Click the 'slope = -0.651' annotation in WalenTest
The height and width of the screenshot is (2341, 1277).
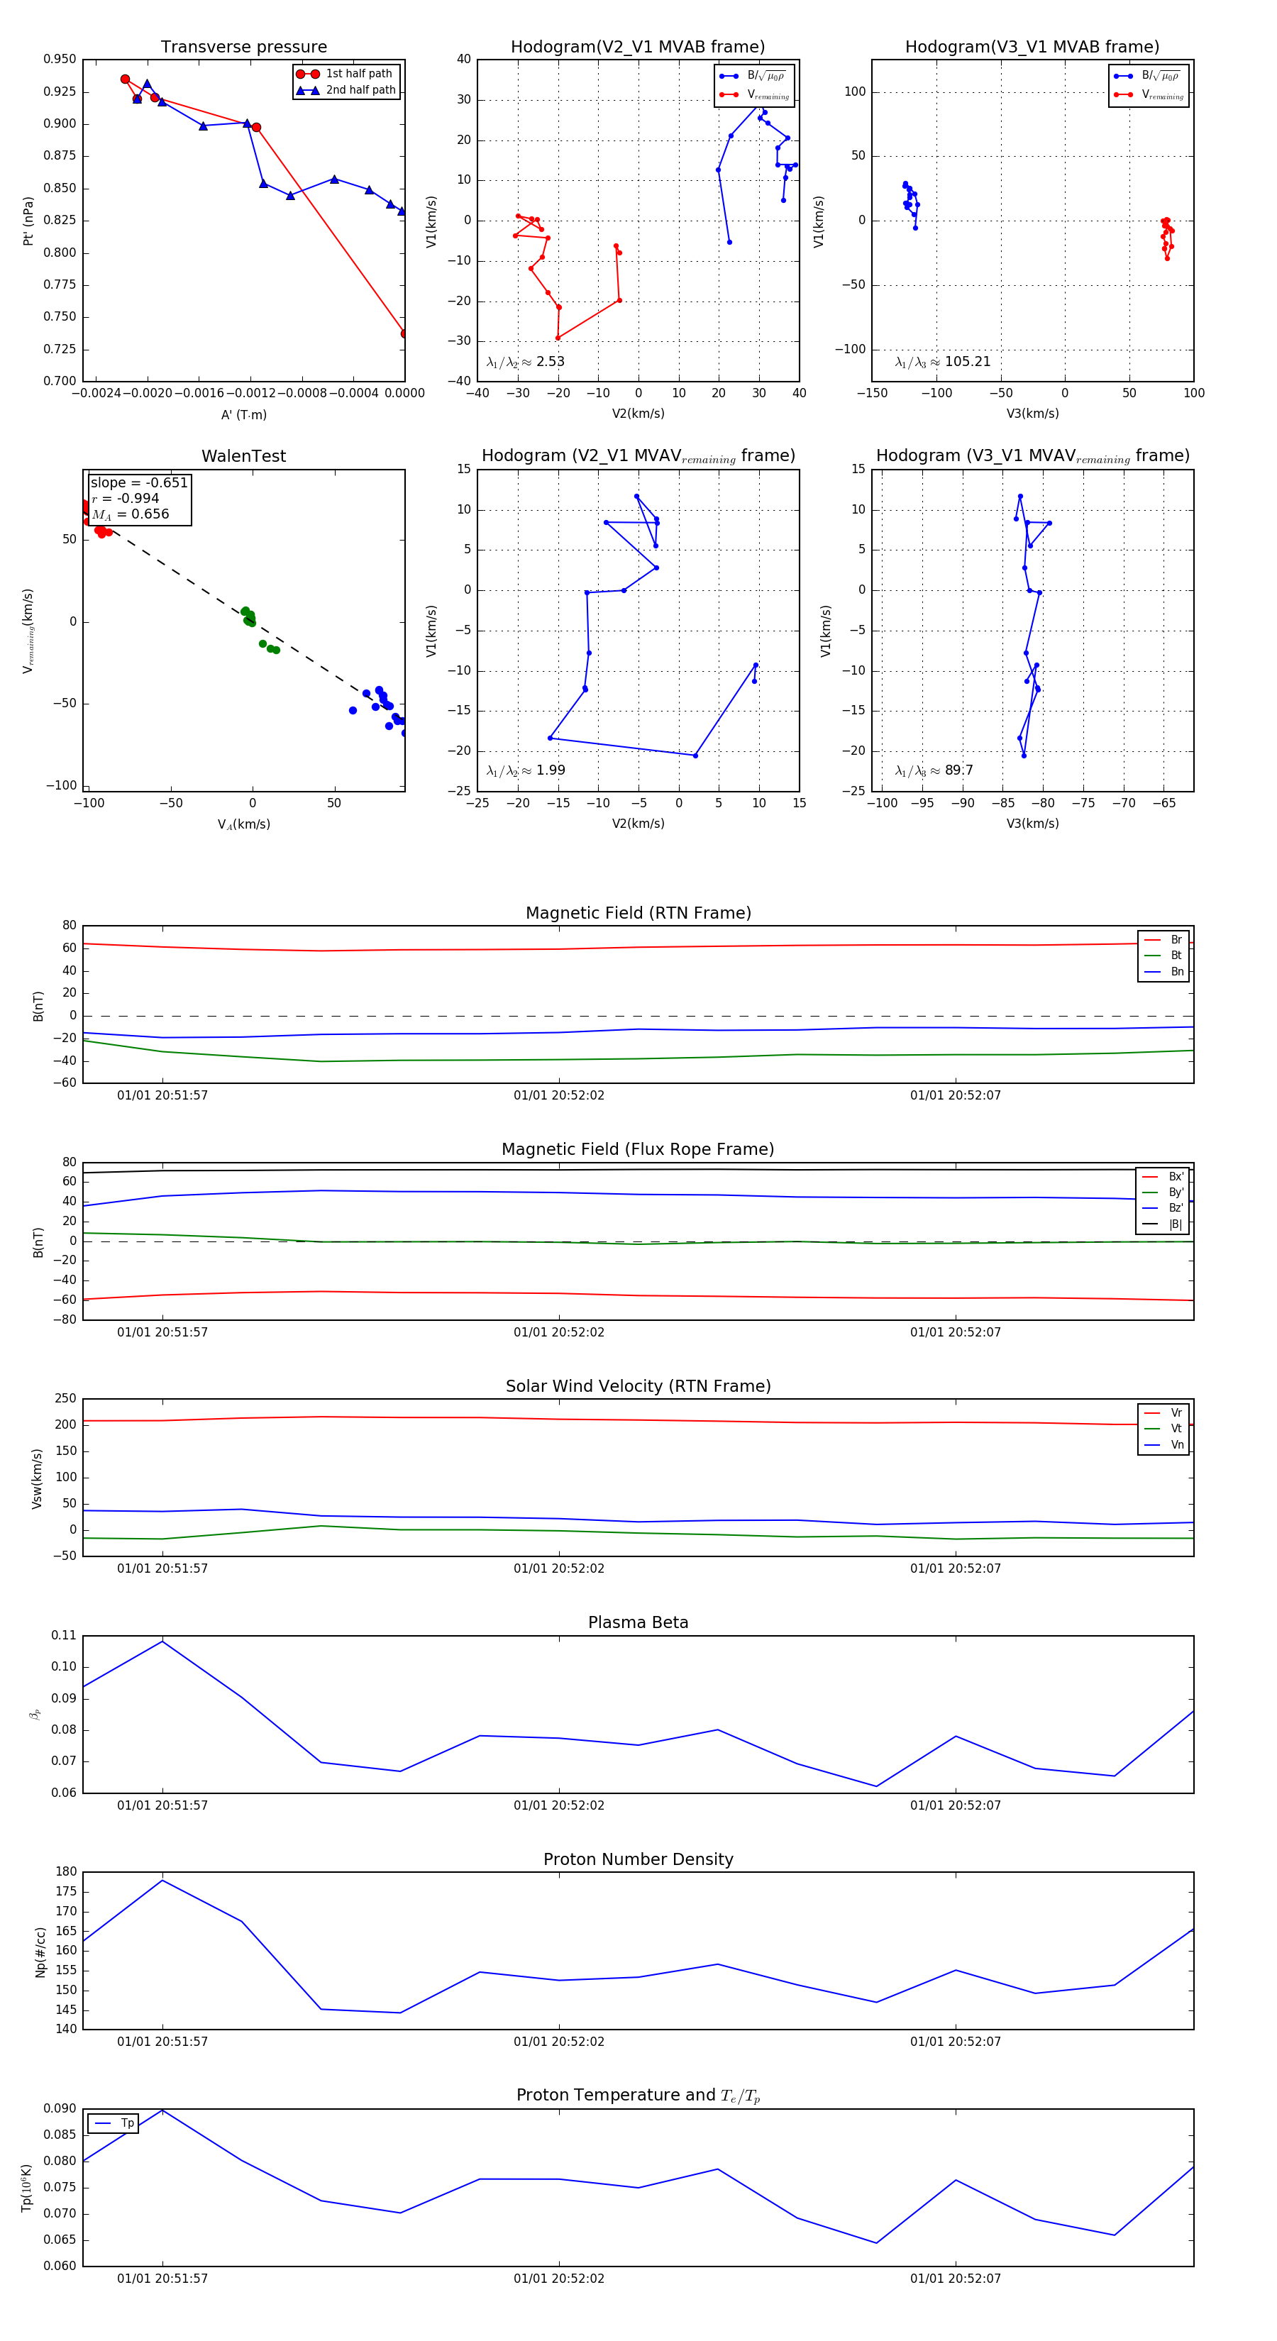coord(139,482)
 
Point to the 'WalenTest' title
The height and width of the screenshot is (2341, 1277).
coord(243,456)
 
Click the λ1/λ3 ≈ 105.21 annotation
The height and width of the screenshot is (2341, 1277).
coord(943,362)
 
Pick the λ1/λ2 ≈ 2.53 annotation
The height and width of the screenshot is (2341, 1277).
coord(525,362)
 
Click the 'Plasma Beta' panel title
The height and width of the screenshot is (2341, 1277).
coord(638,1623)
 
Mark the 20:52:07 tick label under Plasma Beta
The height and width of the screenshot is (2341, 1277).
coord(955,1805)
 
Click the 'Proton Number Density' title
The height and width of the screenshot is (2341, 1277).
coord(638,1859)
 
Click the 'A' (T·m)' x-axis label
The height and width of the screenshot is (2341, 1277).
coord(243,414)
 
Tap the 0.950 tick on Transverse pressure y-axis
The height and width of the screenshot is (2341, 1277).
coord(60,59)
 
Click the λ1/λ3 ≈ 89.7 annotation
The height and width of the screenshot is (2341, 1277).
coord(934,770)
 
